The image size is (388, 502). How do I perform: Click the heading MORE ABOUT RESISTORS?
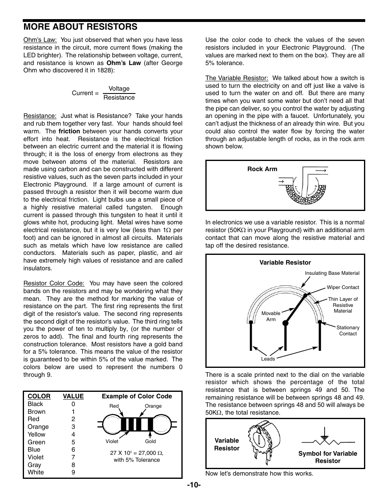point(81,27)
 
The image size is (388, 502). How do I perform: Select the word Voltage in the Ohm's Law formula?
point(119,89)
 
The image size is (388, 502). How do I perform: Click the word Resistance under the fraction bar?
point(119,98)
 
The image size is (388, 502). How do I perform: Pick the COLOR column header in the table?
point(39,396)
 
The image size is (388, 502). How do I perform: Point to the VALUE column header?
point(73,396)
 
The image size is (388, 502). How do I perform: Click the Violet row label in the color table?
point(35,457)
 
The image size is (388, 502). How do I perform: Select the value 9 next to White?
point(73,472)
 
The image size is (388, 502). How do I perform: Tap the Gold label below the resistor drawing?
point(150,441)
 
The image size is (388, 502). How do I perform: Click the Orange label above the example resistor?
point(153,406)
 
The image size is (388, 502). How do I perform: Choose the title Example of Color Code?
point(137,396)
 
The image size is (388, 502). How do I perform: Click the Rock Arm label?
point(262,169)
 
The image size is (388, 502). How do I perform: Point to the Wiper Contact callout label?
point(343,287)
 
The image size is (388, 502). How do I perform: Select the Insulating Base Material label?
point(332,273)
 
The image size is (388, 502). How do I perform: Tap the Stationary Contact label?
point(348,330)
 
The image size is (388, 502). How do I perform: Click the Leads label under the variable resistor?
point(268,359)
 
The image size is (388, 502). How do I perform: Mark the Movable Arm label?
point(271,316)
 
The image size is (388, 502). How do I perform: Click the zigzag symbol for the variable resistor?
point(328,441)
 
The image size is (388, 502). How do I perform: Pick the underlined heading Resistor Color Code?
point(54,283)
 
